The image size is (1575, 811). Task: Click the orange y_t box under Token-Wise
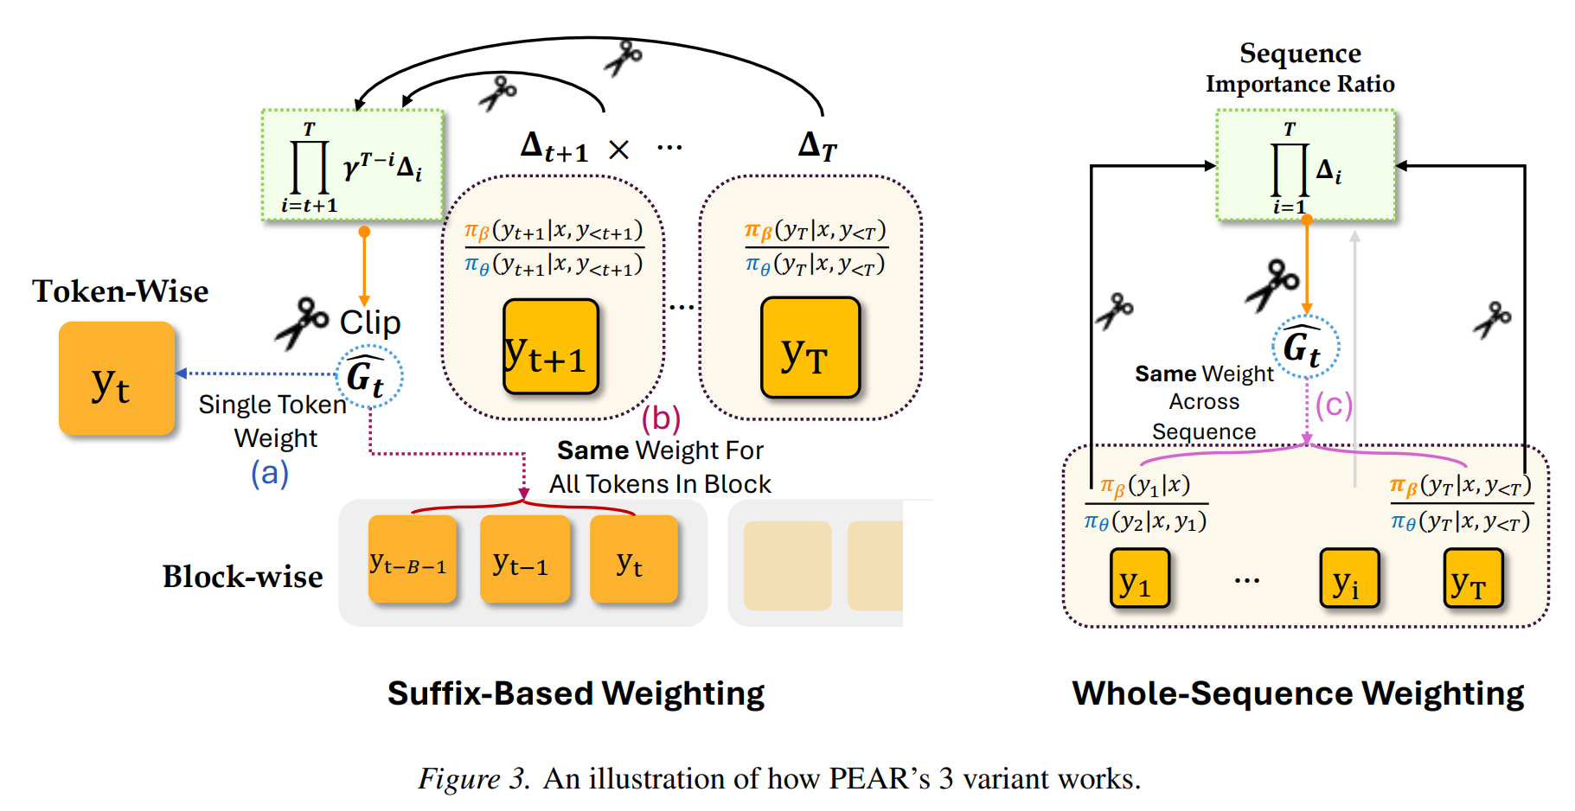pyautogui.click(x=117, y=379)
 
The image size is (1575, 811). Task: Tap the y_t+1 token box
pyautogui.click(x=551, y=347)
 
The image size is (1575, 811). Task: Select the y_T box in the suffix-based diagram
pyautogui.click(x=810, y=348)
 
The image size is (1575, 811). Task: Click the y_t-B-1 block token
pyautogui.click(x=412, y=559)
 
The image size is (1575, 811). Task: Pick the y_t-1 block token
pyautogui.click(x=525, y=559)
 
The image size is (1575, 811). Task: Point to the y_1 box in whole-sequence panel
pyautogui.click(x=1139, y=578)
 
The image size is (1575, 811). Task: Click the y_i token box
pyautogui.click(x=1348, y=578)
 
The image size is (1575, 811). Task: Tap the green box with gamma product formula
pyautogui.click(x=353, y=165)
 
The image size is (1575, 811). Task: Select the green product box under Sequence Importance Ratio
pyautogui.click(x=1305, y=165)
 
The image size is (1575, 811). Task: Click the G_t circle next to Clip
pyautogui.click(x=368, y=376)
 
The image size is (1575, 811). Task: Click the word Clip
pyautogui.click(x=370, y=322)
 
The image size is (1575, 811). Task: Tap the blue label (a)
pyautogui.click(x=270, y=473)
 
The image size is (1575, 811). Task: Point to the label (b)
pyautogui.click(x=661, y=418)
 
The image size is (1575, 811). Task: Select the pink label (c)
pyautogui.click(x=1334, y=405)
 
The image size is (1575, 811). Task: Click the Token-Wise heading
pyautogui.click(x=120, y=291)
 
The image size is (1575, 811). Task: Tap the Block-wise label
pyautogui.click(x=243, y=577)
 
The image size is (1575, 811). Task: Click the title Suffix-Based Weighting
pyautogui.click(x=576, y=693)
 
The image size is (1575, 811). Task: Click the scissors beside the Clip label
pyautogui.click(x=302, y=322)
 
